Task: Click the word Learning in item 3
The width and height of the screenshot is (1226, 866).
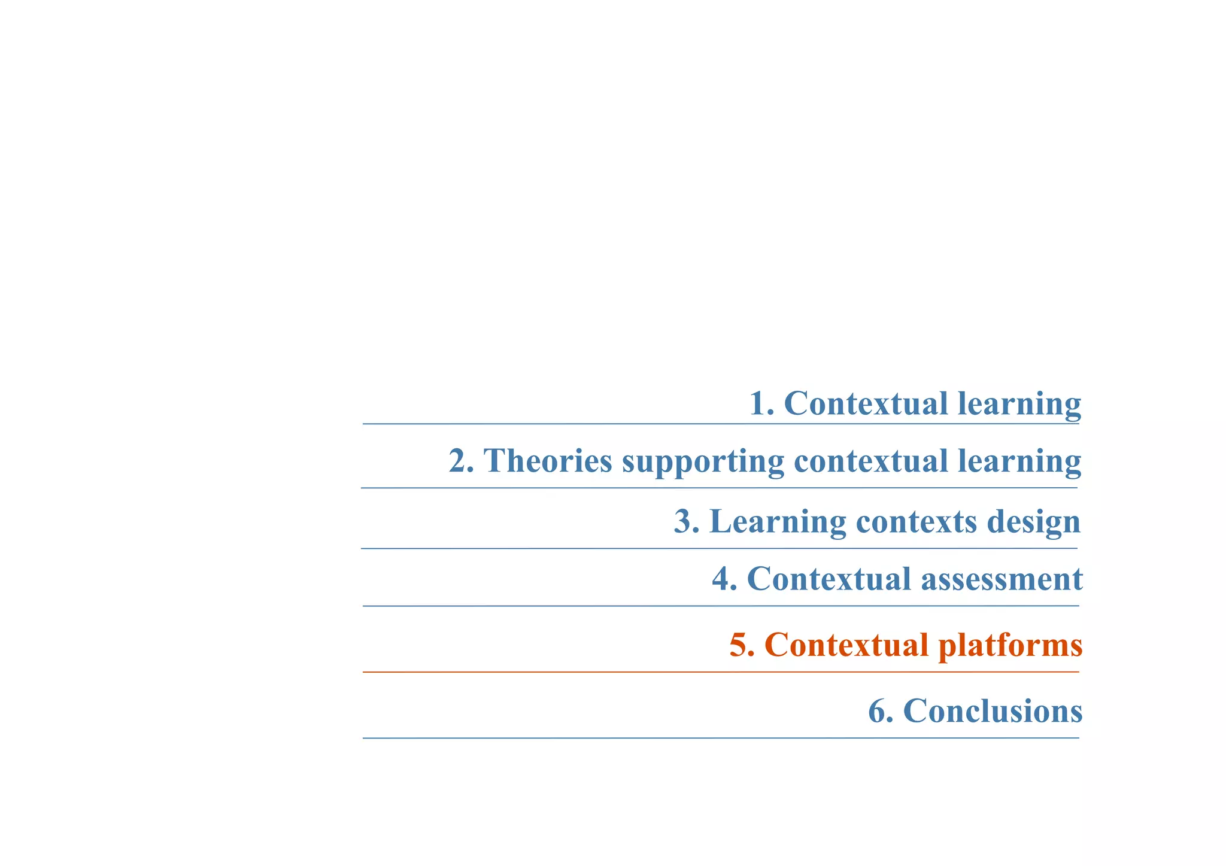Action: point(777,522)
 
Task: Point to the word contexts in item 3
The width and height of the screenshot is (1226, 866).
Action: point(917,522)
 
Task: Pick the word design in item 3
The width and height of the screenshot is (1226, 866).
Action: point(1034,522)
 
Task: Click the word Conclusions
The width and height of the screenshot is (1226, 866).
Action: point(993,711)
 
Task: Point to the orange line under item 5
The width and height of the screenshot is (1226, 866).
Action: point(721,672)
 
